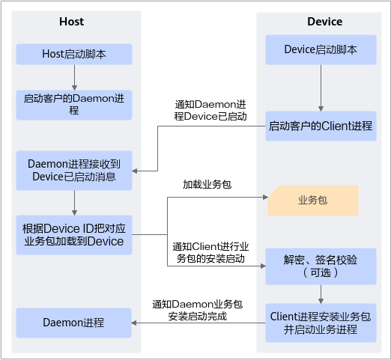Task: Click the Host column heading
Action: [71, 22]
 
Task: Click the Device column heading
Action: [324, 22]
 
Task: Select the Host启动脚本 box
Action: [74, 54]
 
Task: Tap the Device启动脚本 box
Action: [321, 49]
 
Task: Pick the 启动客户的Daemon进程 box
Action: [74, 105]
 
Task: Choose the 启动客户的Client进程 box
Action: [321, 126]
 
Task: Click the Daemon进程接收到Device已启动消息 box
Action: [74, 171]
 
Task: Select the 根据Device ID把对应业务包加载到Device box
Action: [74, 235]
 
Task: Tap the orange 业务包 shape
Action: [313, 201]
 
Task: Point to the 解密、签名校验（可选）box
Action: [321, 266]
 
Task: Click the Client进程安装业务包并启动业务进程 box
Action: [321, 323]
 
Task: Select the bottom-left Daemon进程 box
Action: [73, 323]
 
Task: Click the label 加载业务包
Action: [207, 185]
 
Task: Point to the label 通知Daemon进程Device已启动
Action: [210, 111]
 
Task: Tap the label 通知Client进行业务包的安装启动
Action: [210, 253]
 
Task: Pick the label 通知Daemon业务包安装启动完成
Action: [198, 311]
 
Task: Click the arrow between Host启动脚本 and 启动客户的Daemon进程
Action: [74, 78]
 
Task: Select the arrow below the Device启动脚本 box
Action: [321, 88]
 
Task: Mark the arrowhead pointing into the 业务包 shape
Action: [265, 198]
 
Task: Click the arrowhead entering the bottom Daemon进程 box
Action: [134, 323]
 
